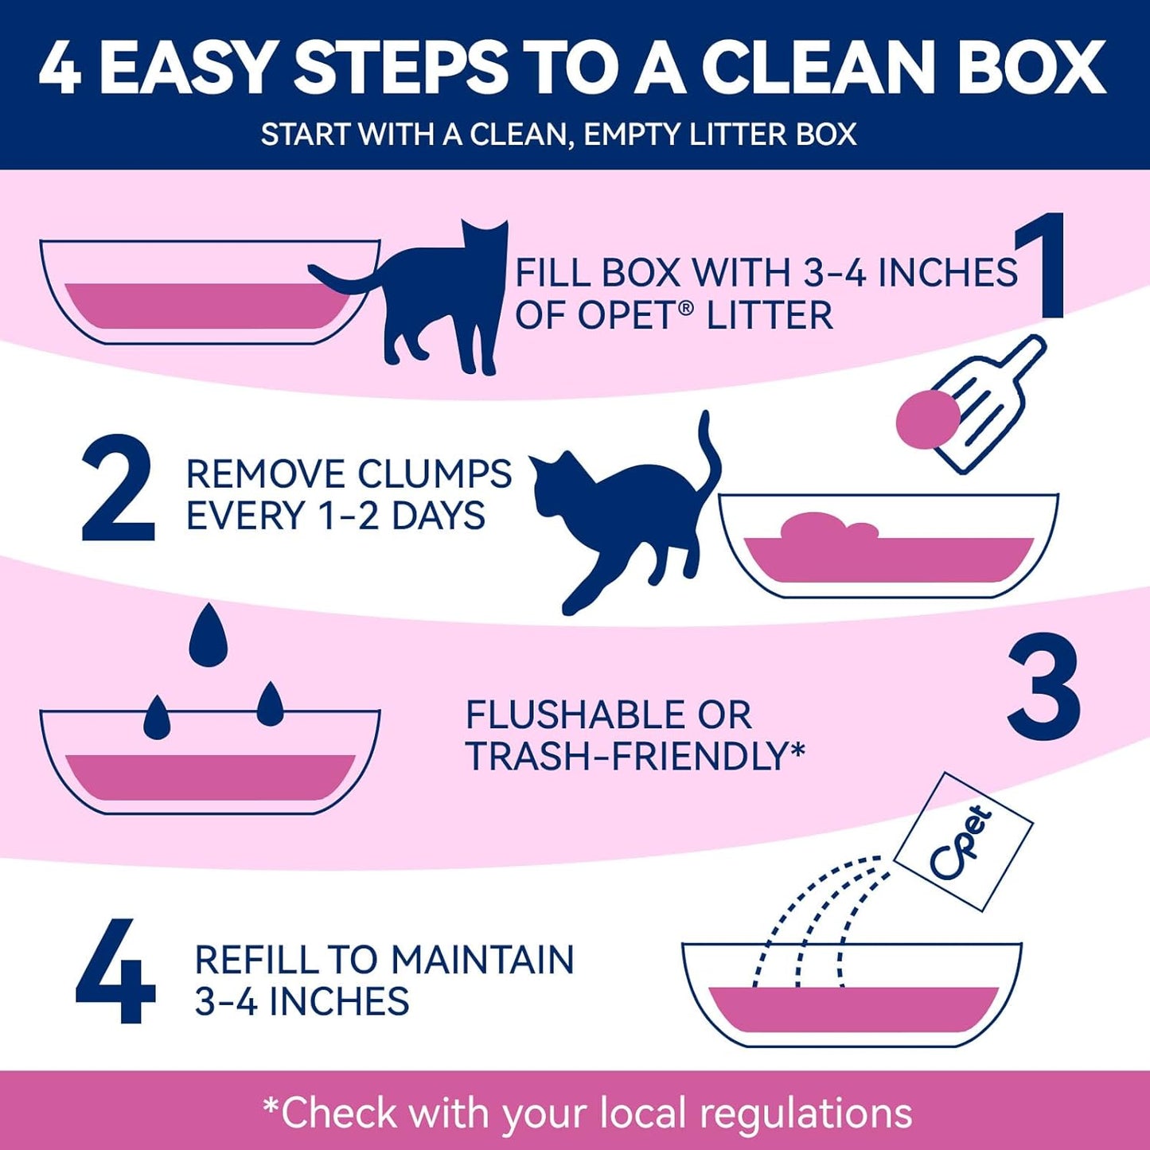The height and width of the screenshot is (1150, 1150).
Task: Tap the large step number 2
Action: tap(118, 489)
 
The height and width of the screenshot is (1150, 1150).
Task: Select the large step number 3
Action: tap(1043, 686)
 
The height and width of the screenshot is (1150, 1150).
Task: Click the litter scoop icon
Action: tap(991, 402)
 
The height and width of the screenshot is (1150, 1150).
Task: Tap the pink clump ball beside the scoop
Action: tap(927, 419)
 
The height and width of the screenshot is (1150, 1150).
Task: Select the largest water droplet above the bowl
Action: tap(209, 635)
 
